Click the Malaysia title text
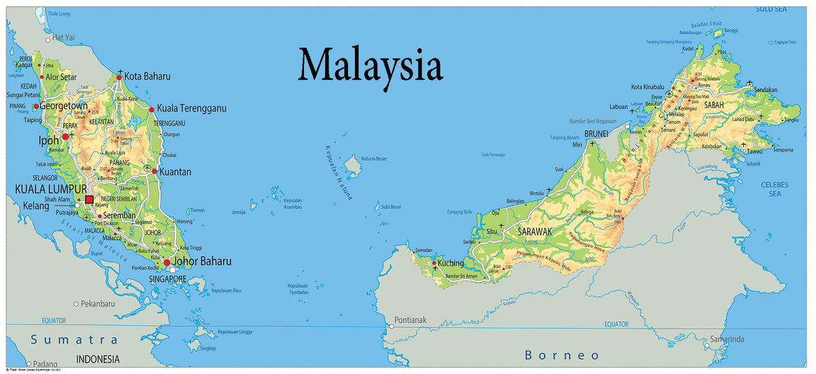(x=371, y=66)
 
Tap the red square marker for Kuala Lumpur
(x=89, y=199)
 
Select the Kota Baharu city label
(x=147, y=76)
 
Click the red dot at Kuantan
(x=154, y=171)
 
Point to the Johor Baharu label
(x=202, y=261)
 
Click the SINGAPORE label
(x=167, y=279)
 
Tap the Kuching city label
(x=451, y=263)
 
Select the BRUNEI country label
(x=596, y=134)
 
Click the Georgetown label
(x=63, y=107)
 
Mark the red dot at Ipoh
(x=65, y=137)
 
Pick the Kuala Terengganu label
(x=192, y=108)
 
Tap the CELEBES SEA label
(x=775, y=188)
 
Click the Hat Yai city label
(x=63, y=37)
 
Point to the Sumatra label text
(x=75, y=339)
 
